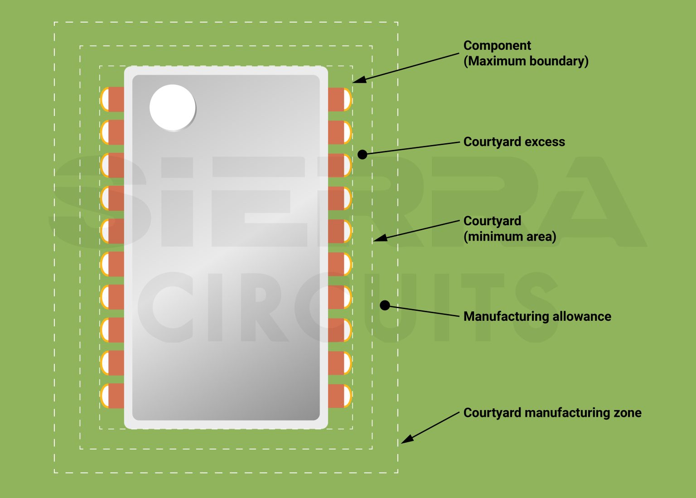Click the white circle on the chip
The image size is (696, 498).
click(173, 107)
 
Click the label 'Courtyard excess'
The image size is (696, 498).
click(514, 142)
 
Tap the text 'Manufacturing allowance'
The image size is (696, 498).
click(537, 316)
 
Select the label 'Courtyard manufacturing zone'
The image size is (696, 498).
click(552, 413)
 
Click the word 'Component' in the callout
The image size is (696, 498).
click(497, 45)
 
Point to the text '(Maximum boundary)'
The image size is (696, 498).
click(526, 61)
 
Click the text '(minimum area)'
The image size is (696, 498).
click(509, 237)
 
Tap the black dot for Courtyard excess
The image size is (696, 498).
click(362, 155)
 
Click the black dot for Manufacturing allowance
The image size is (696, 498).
click(385, 305)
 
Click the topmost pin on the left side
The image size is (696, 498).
click(112, 99)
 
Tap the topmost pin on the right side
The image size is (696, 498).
click(339, 99)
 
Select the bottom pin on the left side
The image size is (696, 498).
click(112, 396)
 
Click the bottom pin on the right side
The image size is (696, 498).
click(339, 396)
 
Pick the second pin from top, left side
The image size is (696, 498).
click(112, 132)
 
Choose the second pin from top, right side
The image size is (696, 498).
click(339, 132)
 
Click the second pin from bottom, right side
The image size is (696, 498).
click(339, 363)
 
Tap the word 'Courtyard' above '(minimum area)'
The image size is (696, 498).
click(492, 221)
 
